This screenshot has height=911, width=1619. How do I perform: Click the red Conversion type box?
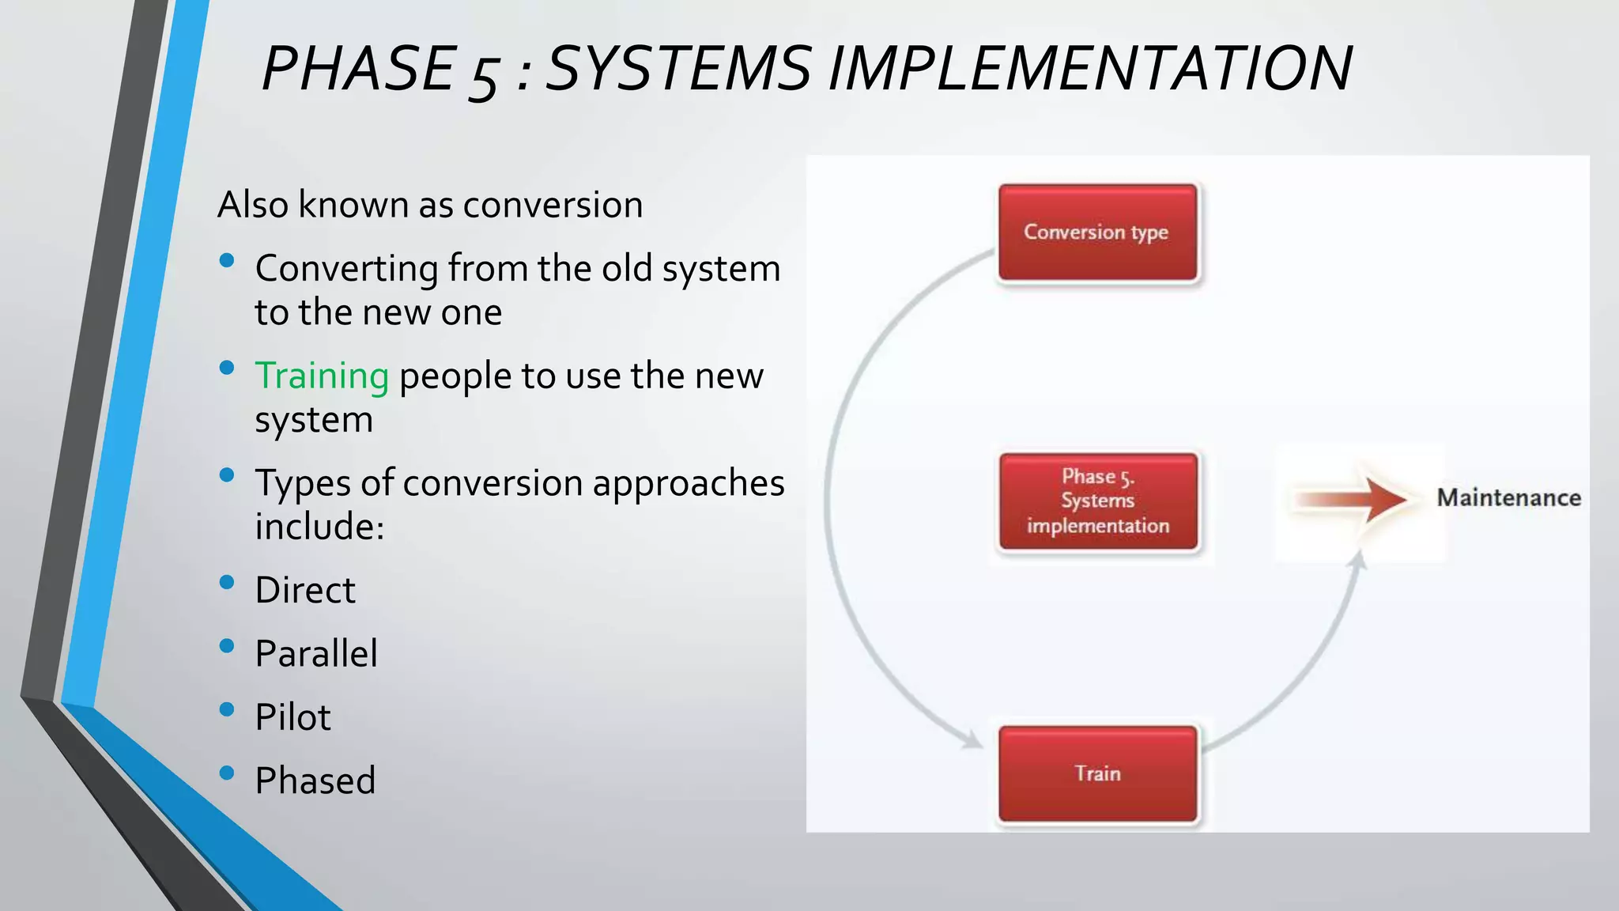pyautogui.click(x=1097, y=232)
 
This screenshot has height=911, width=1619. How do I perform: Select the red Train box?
pyautogui.click(x=1097, y=773)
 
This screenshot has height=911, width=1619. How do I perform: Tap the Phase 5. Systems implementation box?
pyautogui.click(x=1097, y=501)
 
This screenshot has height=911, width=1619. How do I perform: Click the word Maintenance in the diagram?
pyautogui.click(x=1508, y=498)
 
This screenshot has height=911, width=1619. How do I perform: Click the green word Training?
pyautogui.click(x=322, y=376)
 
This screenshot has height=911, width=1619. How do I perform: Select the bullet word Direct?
pyautogui.click(x=305, y=590)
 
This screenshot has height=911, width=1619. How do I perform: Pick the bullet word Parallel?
pyautogui.click(x=316, y=654)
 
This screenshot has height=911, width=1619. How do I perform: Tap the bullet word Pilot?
pyautogui.click(x=292, y=717)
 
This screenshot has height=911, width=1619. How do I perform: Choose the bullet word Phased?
pyautogui.click(x=315, y=781)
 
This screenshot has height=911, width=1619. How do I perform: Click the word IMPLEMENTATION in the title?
pyautogui.click(x=1090, y=68)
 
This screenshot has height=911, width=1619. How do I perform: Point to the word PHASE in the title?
pyautogui.click(x=359, y=68)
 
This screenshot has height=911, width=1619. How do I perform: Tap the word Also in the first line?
pyautogui.click(x=252, y=205)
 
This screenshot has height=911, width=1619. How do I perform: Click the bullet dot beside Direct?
pyautogui.click(x=227, y=583)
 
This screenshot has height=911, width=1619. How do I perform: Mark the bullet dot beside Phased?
pyautogui.click(x=227, y=773)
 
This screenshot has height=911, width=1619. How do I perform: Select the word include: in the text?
pyautogui.click(x=319, y=527)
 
